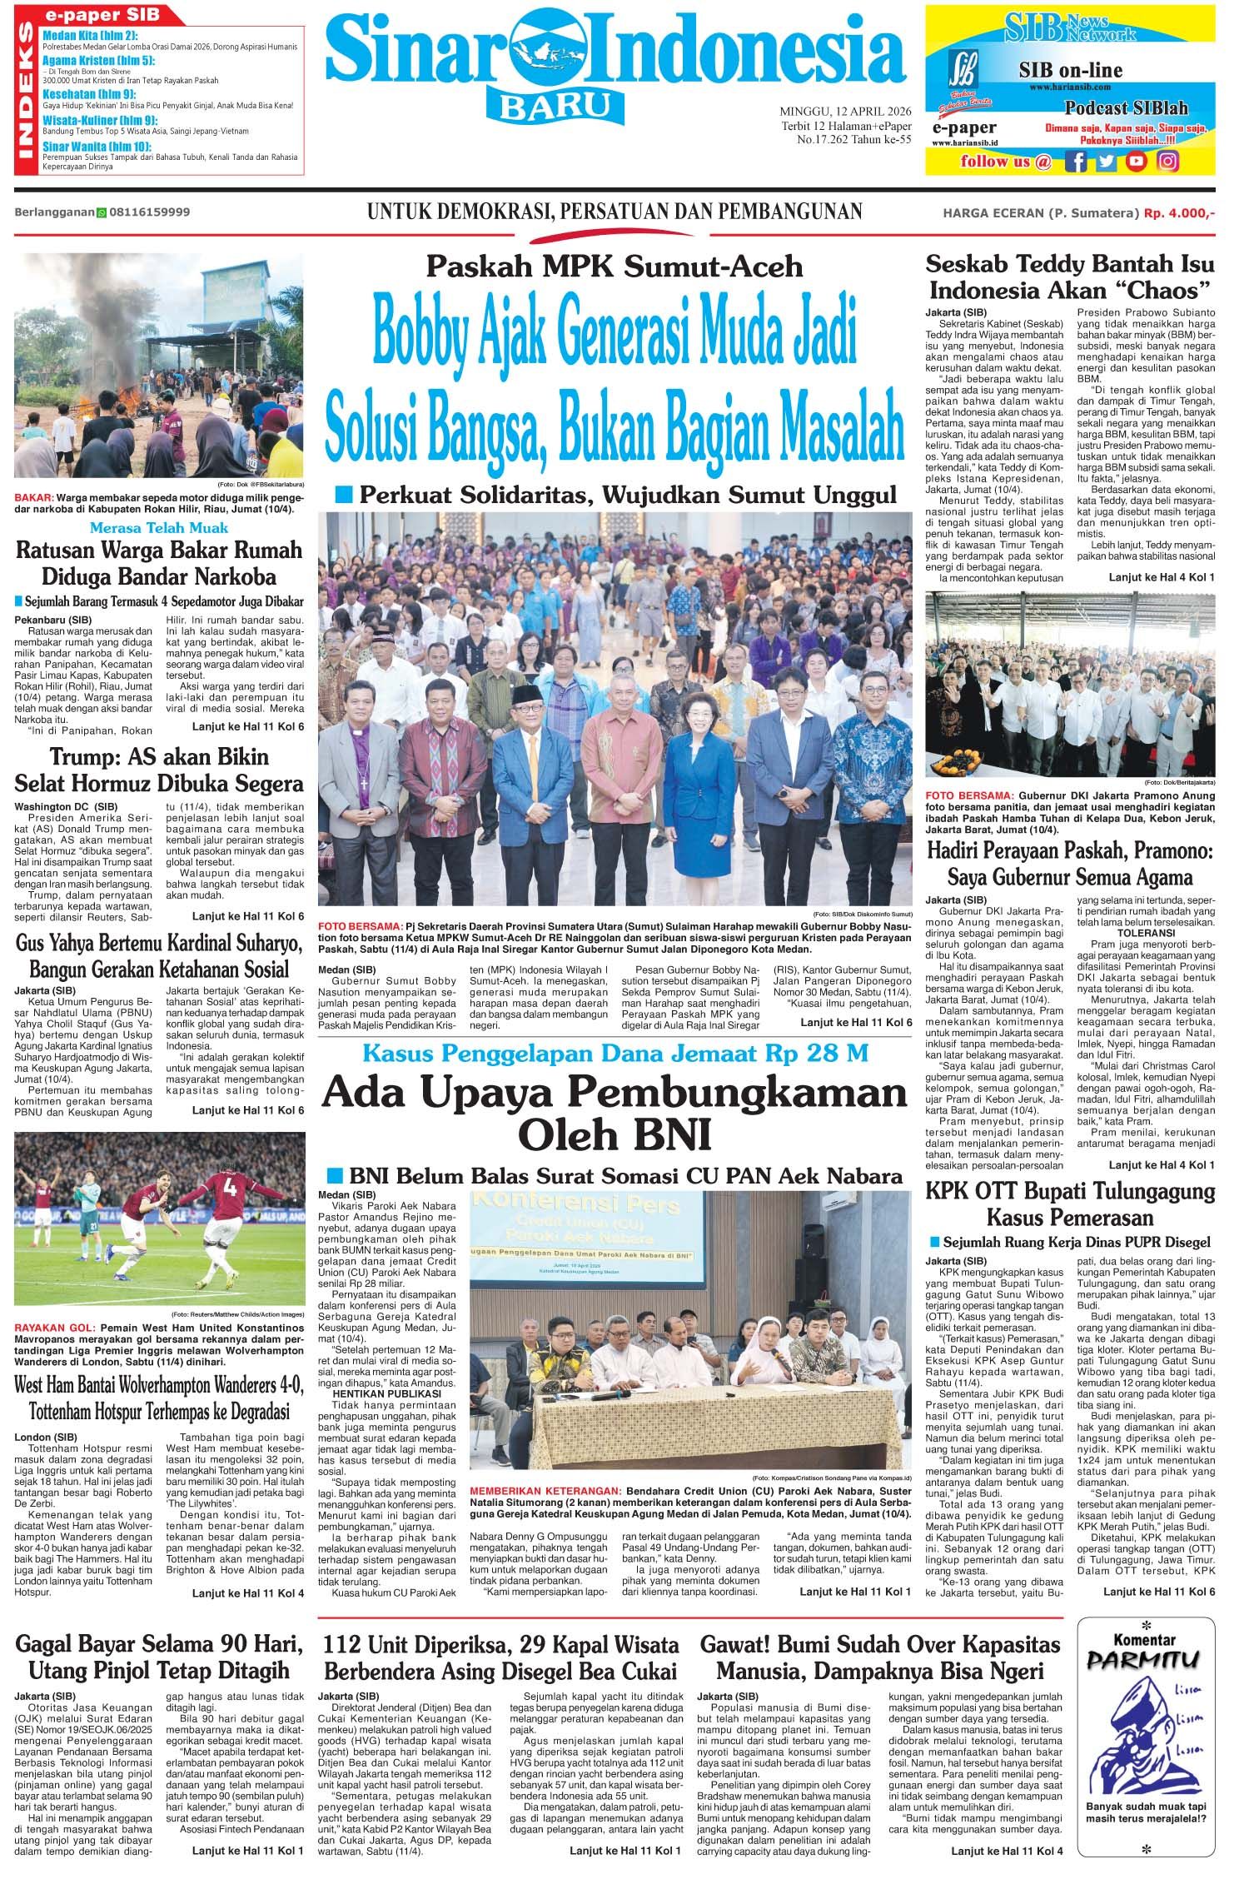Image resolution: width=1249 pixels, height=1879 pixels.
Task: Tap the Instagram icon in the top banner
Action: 1168,162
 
